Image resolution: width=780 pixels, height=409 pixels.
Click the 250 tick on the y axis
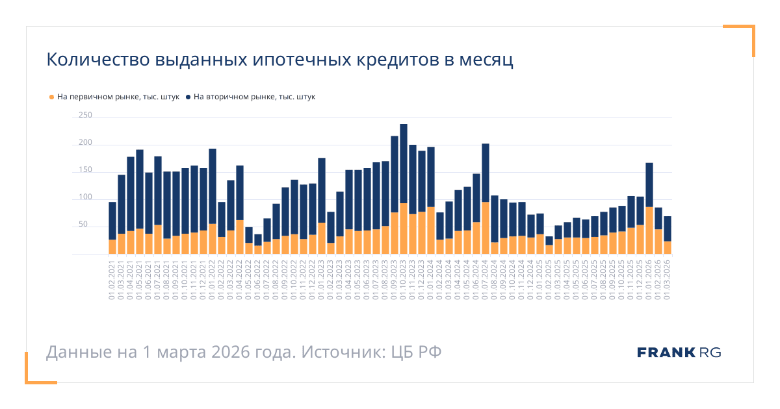pos(85,116)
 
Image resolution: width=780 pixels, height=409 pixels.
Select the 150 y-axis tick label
pos(85,170)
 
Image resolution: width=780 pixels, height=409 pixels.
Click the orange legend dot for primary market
pos(52,97)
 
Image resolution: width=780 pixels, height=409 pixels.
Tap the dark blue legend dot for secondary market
pos(188,97)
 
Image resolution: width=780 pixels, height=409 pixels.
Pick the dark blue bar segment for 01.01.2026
pos(649,185)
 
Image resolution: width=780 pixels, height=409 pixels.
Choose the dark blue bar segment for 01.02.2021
pos(112,221)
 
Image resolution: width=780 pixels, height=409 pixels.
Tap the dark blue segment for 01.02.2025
pos(549,240)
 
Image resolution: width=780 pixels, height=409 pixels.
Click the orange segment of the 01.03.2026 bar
pos(668,248)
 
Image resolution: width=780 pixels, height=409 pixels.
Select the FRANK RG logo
pos(679,353)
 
